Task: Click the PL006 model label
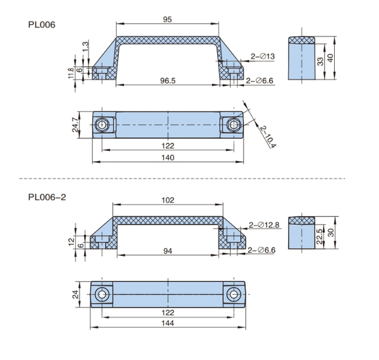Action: [x=42, y=25]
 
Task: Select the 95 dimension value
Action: [x=167, y=20]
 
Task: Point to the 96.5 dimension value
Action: [x=168, y=81]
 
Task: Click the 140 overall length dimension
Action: [x=167, y=158]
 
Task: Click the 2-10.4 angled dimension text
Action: [x=267, y=133]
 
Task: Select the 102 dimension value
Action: [x=167, y=201]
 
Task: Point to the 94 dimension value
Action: [x=168, y=251]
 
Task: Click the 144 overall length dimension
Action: [x=167, y=323]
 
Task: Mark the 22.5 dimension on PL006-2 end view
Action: [x=320, y=236]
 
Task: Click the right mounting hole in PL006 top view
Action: [x=234, y=124]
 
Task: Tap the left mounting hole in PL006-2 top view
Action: [x=102, y=294]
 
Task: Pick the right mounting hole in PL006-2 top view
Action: [x=234, y=294]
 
